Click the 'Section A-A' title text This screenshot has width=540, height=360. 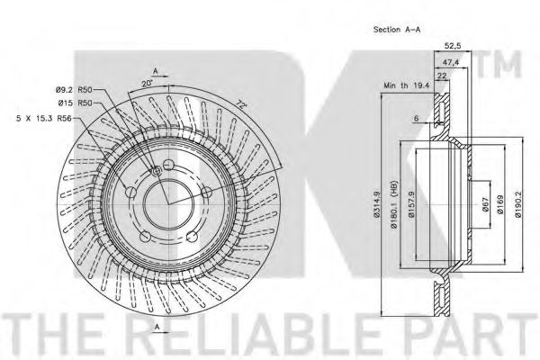(x=397, y=30)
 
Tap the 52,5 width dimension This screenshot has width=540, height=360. (x=453, y=45)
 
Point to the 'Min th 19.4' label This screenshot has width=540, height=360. (x=407, y=85)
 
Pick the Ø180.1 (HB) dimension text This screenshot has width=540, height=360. (x=394, y=204)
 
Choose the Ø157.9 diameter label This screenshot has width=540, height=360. (x=411, y=204)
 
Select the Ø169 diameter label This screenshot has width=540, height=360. (x=500, y=204)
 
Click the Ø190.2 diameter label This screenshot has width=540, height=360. (x=518, y=204)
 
